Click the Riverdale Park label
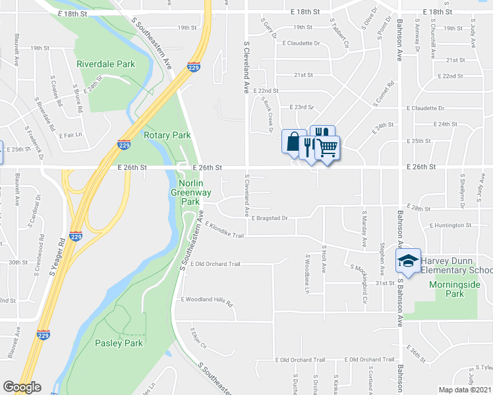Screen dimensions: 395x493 click(x=105, y=64)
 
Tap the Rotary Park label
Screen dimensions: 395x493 click(x=167, y=135)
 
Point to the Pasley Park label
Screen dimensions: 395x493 click(x=119, y=343)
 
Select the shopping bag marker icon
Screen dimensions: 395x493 click(x=293, y=142)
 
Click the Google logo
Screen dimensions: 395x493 click(x=22, y=387)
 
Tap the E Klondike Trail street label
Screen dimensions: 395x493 click(x=225, y=230)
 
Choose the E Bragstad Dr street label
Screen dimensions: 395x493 click(x=270, y=217)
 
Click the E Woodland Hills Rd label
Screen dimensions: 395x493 click(x=208, y=301)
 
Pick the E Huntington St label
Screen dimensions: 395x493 click(x=450, y=225)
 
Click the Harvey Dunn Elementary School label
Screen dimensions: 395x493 click(x=456, y=265)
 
